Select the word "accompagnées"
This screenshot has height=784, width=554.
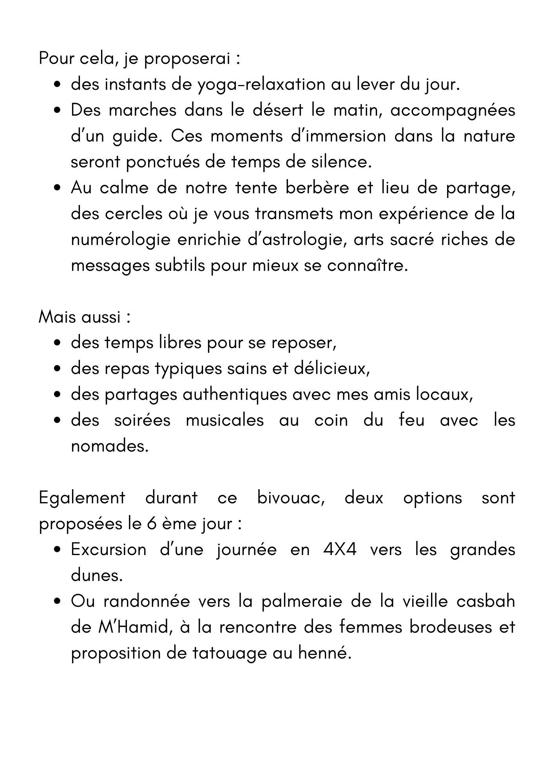pyautogui.click(x=453, y=111)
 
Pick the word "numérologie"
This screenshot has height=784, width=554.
pyautogui.click(x=121, y=240)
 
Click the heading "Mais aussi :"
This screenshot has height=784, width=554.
pyautogui.click(x=84, y=317)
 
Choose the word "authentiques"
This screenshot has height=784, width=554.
pyautogui.click(x=235, y=395)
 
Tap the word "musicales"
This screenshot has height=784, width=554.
pyautogui.click(x=224, y=421)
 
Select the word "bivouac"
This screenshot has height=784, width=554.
pyautogui.click(x=290, y=498)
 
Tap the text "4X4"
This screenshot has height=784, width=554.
pyautogui.click(x=340, y=550)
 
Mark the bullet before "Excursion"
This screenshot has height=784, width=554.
pyautogui.click(x=57, y=550)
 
